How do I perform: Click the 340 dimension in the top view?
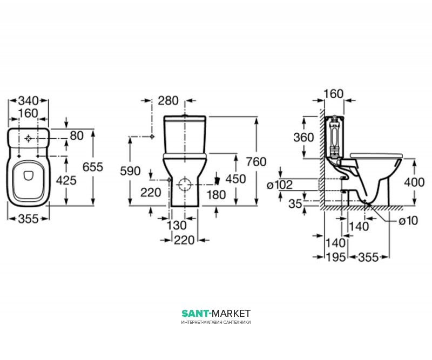tap(28, 101)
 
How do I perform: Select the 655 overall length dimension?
tap(93, 167)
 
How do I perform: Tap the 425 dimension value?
tap(66, 180)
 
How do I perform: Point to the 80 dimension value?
tap(77, 135)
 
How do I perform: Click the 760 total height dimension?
tap(256, 162)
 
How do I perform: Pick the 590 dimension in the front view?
tap(130, 171)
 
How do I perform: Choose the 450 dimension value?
tap(235, 179)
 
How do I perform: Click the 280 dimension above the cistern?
tap(168, 100)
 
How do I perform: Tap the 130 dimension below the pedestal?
tap(177, 225)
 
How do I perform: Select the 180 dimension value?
tap(217, 195)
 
